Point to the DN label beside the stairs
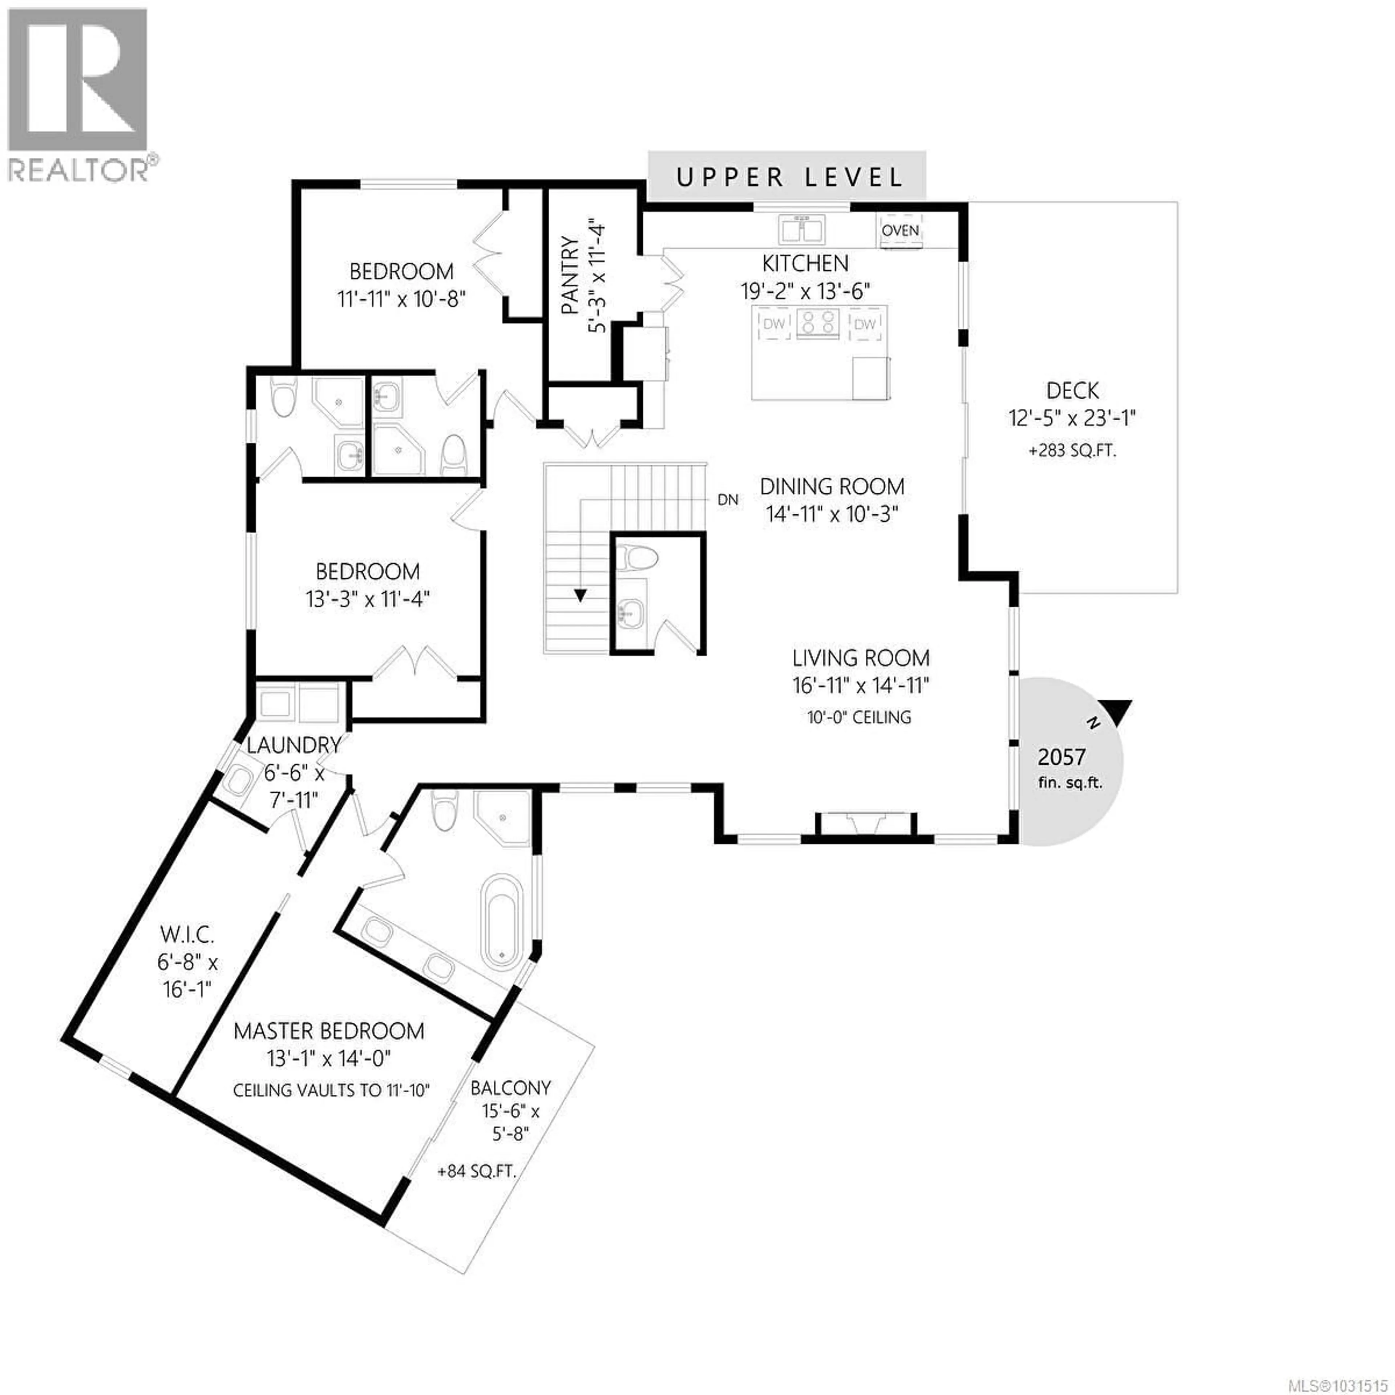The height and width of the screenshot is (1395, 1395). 728,499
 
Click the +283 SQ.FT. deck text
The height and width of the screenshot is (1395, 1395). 1072,450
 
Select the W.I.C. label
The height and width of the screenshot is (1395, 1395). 187,934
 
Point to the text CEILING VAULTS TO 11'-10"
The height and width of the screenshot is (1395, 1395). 331,1089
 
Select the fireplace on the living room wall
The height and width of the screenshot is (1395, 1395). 866,825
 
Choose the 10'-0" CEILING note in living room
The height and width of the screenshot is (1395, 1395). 859,717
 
